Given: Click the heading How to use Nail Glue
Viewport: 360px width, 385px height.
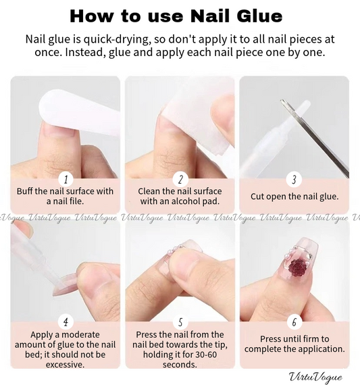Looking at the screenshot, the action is coord(176,16).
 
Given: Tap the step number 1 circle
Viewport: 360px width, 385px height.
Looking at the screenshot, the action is coord(66,179).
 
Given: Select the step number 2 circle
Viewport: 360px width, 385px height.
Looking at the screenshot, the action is coord(180,179).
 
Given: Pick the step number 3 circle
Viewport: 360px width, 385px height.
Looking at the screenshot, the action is coord(294,180).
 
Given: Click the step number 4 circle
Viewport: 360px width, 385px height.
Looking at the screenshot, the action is coord(66,322).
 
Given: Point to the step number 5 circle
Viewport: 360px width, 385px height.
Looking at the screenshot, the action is coord(180,322).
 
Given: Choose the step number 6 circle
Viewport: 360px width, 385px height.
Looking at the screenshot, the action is coord(294,322).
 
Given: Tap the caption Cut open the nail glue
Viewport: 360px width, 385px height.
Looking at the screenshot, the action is coord(294,197).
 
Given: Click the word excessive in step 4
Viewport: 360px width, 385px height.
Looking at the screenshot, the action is coord(65,365).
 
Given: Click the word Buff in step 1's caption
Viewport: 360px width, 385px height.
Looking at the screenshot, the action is coord(25,191).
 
